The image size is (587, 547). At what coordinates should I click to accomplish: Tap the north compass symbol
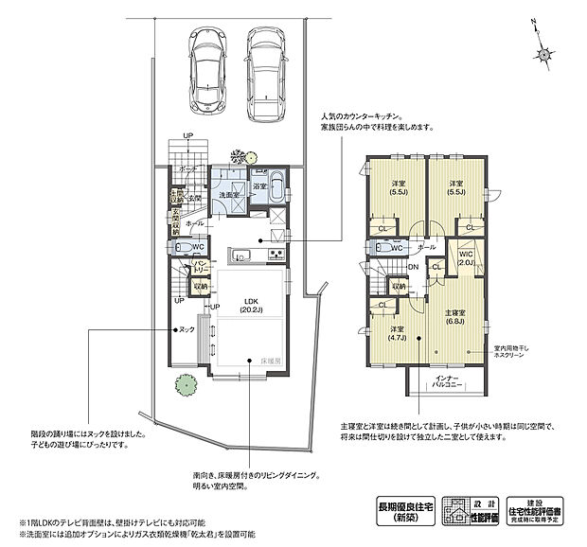[x=543, y=51]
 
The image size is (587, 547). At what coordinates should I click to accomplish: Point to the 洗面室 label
[x=228, y=195]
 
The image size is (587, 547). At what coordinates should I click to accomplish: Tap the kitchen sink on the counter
[x=239, y=255]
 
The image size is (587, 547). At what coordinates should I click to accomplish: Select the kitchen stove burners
[x=276, y=256]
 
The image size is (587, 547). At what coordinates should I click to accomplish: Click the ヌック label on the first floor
[x=187, y=330]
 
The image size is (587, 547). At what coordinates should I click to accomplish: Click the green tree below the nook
[x=181, y=384]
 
